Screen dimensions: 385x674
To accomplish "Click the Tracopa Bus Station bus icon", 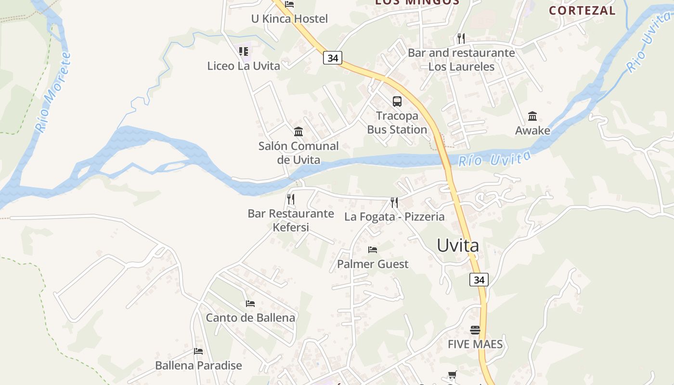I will tap(397, 102).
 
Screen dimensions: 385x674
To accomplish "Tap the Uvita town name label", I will tap(458, 245).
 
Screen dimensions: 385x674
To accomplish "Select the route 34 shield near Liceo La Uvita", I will tap(332, 58).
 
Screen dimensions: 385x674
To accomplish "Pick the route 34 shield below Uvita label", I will tap(479, 280).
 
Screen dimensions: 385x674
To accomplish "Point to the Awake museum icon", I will tap(532, 116).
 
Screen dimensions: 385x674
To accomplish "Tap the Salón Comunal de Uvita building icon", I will tap(298, 131).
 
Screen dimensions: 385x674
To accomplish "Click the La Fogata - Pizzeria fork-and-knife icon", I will tap(394, 203).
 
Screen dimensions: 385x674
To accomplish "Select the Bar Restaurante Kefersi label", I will tap(291, 220).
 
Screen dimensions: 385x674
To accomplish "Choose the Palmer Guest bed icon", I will tap(373, 250).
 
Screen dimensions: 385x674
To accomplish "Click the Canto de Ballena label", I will tap(250, 318).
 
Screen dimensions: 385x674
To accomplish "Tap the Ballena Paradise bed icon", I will tap(198, 351).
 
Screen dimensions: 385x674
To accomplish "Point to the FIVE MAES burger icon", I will tap(475, 330).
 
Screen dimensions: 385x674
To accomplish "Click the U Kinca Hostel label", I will tap(289, 19).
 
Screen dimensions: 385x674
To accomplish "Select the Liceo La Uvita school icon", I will tap(244, 51).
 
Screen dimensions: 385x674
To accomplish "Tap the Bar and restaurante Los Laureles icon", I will tap(461, 38).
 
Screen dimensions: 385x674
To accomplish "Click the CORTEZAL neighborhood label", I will tap(582, 11).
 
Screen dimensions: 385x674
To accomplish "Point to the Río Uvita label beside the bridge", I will tap(494, 158).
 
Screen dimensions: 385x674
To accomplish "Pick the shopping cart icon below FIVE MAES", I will tap(452, 375).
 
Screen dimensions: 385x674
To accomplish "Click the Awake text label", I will tap(532, 130).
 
